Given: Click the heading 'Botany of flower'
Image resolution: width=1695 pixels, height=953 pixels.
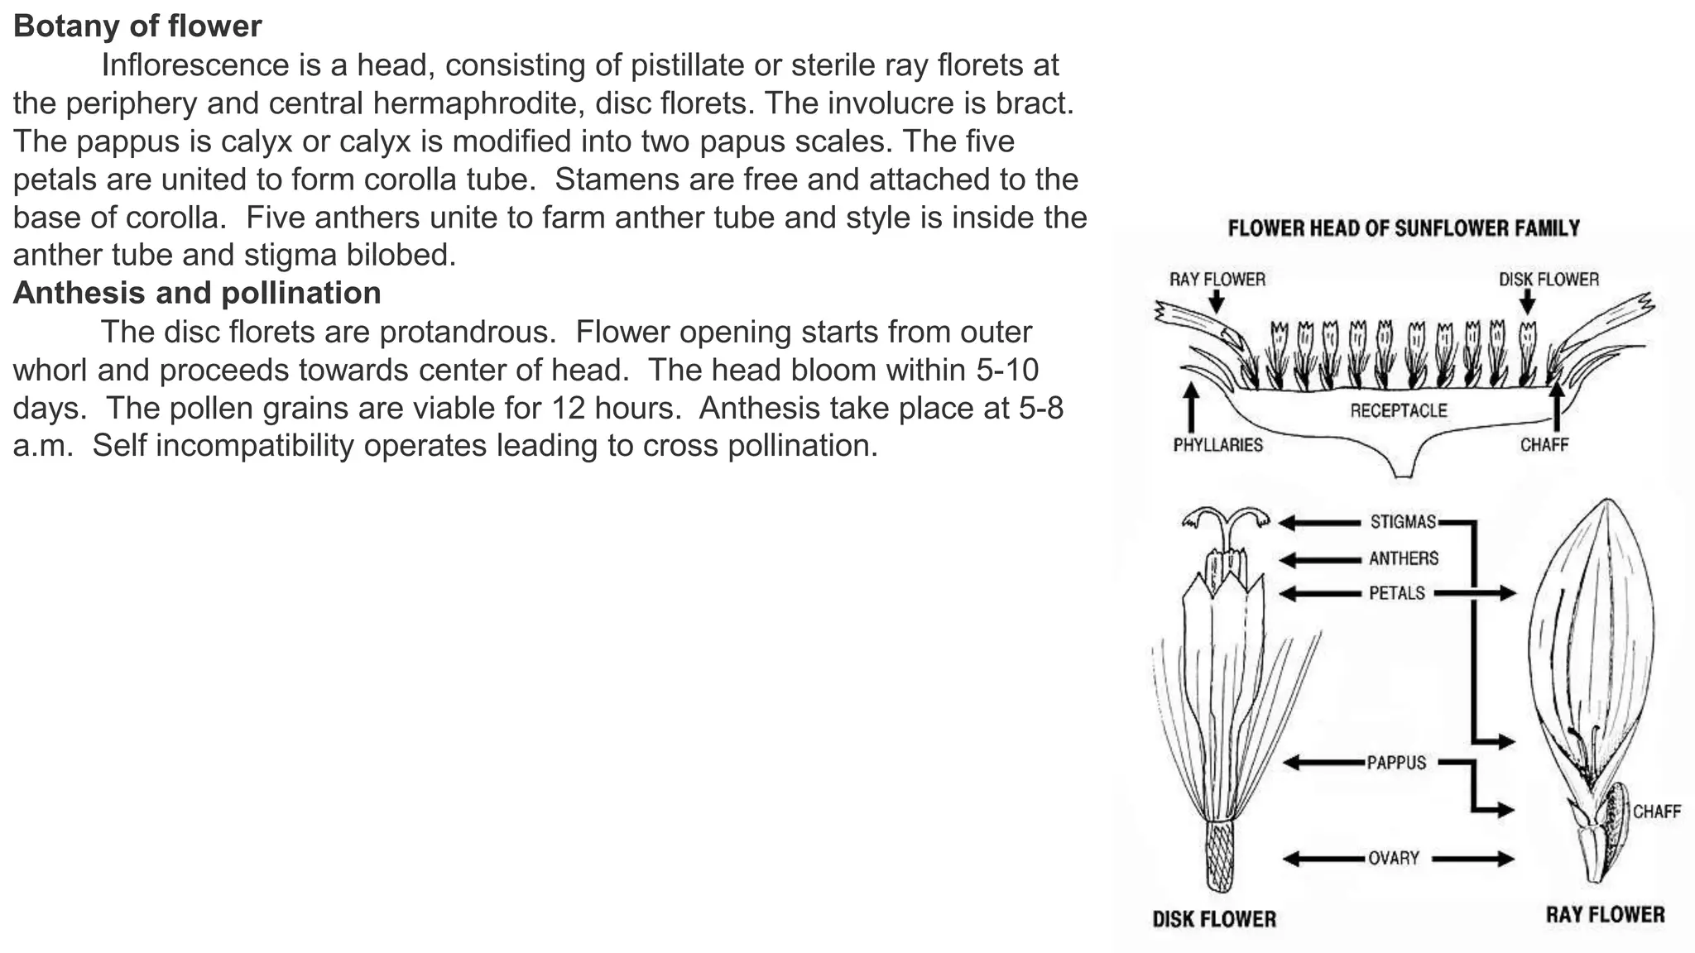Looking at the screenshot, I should click(x=137, y=26).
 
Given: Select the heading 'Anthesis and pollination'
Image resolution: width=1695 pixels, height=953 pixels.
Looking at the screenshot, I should click(x=197, y=293).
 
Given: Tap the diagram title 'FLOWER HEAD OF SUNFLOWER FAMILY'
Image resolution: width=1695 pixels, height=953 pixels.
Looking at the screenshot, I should click(x=1404, y=228).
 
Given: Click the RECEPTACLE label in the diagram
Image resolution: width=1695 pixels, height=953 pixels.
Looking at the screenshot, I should click(x=1399, y=410).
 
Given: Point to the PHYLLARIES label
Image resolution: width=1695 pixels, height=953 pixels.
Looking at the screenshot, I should click(x=1217, y=445).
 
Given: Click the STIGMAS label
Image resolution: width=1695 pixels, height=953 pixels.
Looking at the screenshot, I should click(x=1403, y=522).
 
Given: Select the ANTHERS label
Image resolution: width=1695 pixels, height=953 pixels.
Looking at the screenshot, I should click(x=1404, y=558).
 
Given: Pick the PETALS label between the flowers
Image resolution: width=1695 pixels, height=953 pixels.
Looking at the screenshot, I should click(x=1397, y=593).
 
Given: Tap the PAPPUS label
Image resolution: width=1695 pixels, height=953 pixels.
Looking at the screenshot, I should click(x=1396, y=762).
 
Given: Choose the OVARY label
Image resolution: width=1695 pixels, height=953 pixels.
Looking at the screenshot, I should click(x=1394, y=858).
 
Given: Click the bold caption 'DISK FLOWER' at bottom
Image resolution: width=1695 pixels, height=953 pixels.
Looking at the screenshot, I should click(x=1214, y=919).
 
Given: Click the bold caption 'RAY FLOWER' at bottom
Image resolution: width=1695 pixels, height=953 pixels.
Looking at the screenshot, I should click(x=1605, y=914).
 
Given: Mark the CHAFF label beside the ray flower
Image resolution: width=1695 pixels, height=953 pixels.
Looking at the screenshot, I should click(x=1656, y=812).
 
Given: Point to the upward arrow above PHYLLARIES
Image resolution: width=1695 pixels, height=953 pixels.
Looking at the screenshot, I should click(x=1191, y=405).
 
